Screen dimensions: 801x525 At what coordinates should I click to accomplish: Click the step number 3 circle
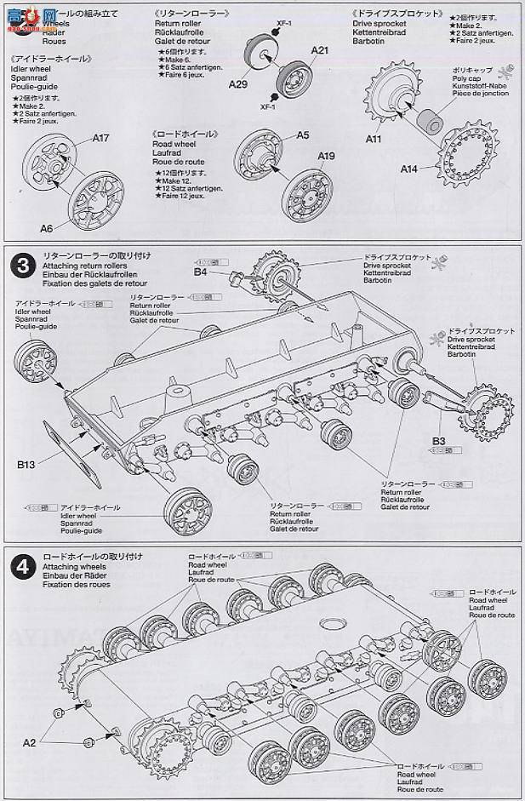(x=20, y=265)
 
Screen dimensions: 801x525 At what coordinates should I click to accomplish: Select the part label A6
(x=46, y=228)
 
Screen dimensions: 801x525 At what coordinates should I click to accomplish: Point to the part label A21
(x=319, y=51)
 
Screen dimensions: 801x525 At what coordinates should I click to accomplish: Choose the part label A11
(x=374, y=139)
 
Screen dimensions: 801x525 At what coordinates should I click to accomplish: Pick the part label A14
(x=410, y=169)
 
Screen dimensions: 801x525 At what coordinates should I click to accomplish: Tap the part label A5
(x=303, y=135)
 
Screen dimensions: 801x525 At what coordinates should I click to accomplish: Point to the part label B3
(x=439, y=440)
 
